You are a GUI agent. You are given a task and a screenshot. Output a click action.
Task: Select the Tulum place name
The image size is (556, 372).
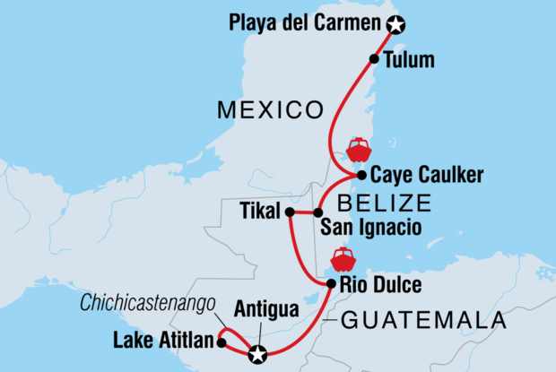pos(408,61)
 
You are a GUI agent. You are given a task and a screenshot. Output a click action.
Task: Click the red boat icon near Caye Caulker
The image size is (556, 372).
pos(358,149)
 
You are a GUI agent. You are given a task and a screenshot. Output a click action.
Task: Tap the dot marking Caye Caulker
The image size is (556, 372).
pos(360,176)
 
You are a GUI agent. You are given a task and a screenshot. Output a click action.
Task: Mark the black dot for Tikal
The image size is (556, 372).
pos(289,212)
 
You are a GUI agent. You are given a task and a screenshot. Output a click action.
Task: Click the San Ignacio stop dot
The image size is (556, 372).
pos(317,212)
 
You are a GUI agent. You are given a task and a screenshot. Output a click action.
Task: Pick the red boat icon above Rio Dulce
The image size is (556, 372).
pos(343,259)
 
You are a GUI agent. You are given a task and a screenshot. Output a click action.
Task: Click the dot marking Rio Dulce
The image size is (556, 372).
pos(331,284)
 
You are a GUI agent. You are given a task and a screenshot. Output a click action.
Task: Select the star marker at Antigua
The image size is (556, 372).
pos(258,354)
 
